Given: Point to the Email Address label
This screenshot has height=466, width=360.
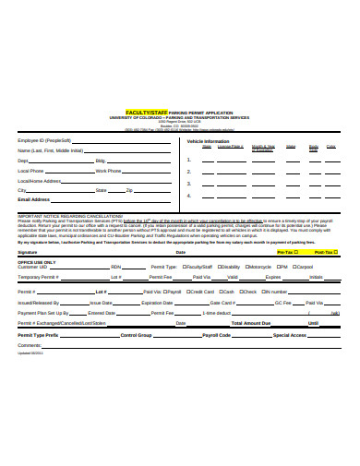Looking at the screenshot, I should pyautogui.click(x=34, y=199).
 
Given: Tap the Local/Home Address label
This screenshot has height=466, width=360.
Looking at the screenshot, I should pyautogui.click(x=40, y=180).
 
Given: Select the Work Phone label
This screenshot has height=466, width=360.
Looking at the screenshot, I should pyautogui.click(x=108, y=171).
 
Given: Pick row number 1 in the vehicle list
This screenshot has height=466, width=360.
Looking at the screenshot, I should pyautogui.click(x=188, y=159).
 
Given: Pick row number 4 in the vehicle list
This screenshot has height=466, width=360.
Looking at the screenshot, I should pyautogui.click(x=188, y=195).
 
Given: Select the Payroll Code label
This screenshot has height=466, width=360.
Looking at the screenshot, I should pyautogui.click(x=216, y=334).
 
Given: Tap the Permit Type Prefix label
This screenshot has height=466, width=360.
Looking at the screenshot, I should pyautogui.click(x=40, y=334).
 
